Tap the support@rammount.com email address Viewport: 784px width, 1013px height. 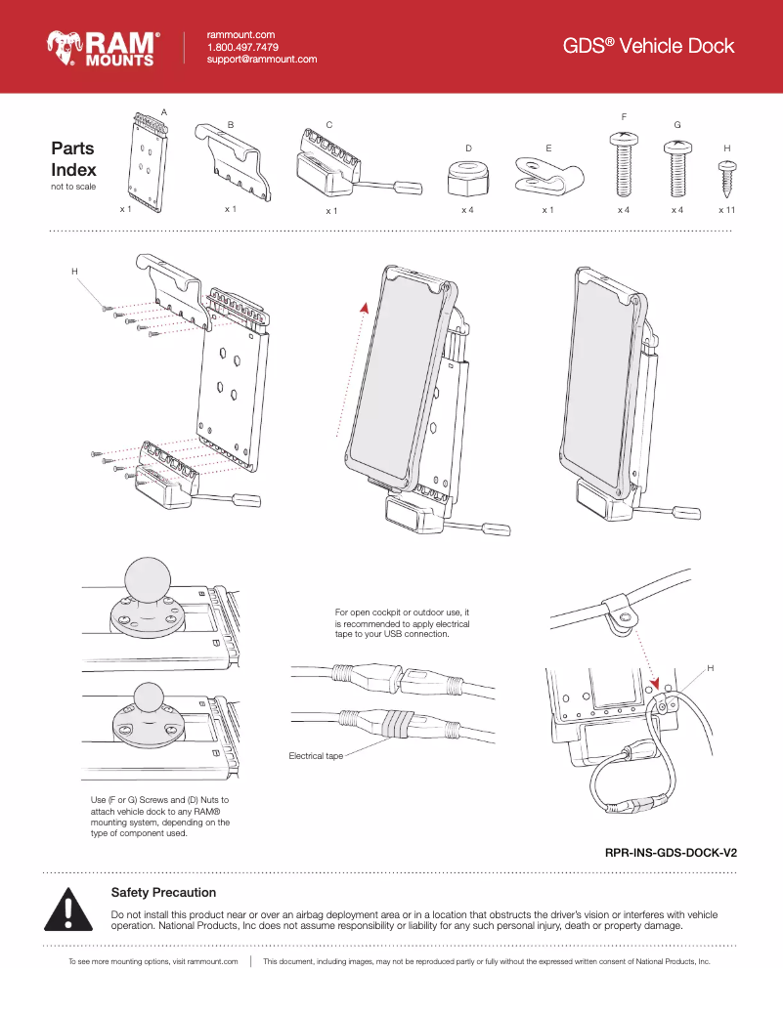click(261, 60)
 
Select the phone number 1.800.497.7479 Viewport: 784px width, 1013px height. click(242, 47)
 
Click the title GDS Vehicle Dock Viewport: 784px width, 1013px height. click(648, 46)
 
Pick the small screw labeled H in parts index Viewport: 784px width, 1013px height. click(726, 179)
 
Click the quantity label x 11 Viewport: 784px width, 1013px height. click(726, 210)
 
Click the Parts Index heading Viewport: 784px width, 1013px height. click(73, 159)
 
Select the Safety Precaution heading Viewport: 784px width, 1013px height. click(163, 892)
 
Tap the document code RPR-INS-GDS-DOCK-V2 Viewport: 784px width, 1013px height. click(671, 853)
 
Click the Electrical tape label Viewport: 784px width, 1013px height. click(315, 756)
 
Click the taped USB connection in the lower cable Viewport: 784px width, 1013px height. click(393, 725)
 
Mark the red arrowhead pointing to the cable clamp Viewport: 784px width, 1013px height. click(655, 684)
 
